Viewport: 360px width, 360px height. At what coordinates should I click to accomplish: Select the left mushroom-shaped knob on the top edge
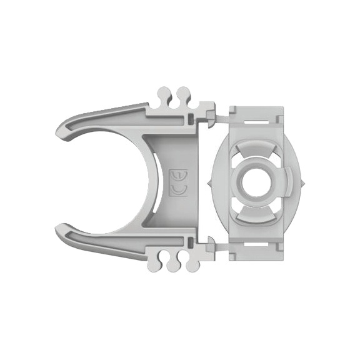coord(163,94)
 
